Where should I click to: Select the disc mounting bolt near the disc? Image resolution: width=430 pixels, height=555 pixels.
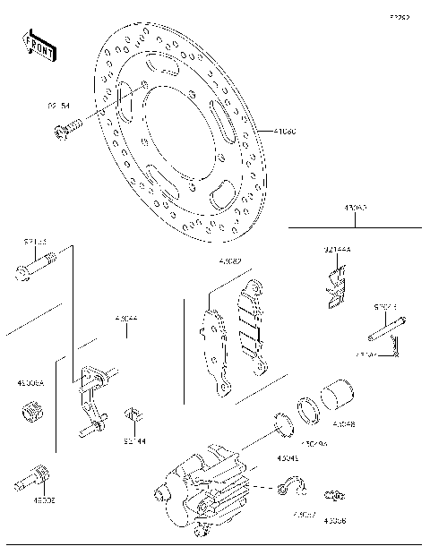(67, 129)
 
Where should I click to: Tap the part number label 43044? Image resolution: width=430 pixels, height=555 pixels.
(127, 318)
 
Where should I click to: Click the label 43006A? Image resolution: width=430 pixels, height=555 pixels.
(30, 381)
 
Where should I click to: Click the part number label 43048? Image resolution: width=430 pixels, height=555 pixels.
(345, 424)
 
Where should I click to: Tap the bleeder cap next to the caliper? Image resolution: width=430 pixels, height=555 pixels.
(335, 494)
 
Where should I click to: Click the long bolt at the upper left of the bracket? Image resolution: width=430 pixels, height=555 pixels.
(34, 266)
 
